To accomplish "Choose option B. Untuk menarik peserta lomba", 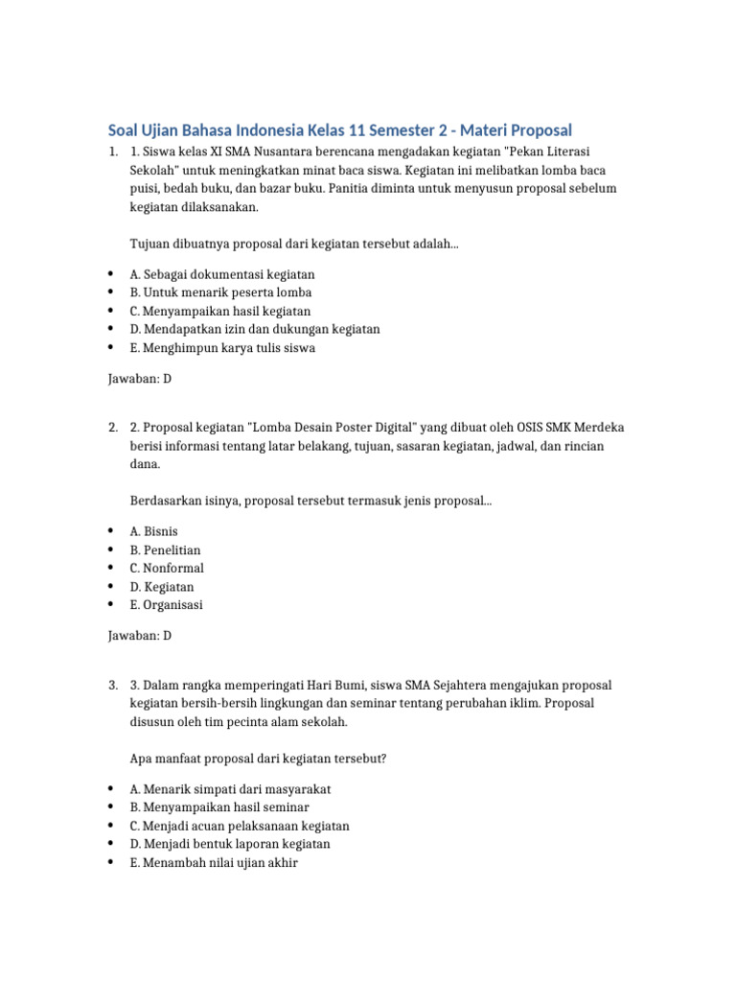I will coord(220,292).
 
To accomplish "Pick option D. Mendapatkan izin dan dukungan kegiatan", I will coord(255,329).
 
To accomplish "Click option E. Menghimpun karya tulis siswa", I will coord(222,348).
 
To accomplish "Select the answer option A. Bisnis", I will coord(153,531).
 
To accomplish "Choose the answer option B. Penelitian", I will coord(165,550).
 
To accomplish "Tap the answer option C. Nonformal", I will coord(167,569).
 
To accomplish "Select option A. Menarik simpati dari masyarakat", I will coord(231,788).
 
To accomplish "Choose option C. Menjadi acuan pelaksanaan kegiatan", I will coord(240,826).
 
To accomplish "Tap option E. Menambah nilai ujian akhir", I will coord(214,862).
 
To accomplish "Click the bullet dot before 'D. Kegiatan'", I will coord(111,587).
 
